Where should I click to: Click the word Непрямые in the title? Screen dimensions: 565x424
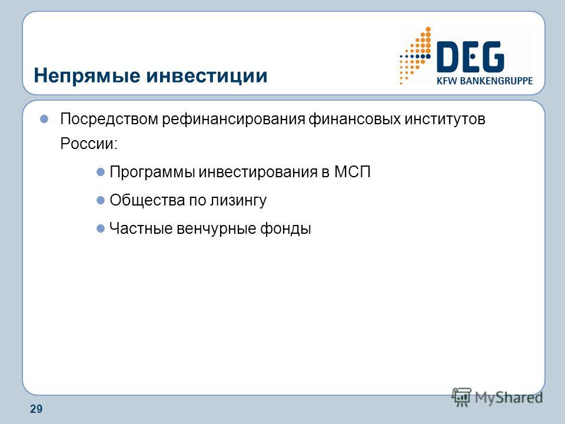click(x=87, y=76)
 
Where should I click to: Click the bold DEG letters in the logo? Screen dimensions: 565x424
click(x=470, y=57)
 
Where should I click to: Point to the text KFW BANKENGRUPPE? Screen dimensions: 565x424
click(x=484, y=81)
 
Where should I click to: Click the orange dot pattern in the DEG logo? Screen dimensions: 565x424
click(x=416, y=55)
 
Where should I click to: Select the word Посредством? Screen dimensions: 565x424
click(x=109, y=119)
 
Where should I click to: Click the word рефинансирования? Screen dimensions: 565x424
click(x=234, y=119)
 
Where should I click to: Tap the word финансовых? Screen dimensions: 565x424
click(x=354, y=119)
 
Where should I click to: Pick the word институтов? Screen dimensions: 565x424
click(x=445, y=119)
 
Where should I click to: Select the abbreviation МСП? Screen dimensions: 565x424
click(x=352, y=172)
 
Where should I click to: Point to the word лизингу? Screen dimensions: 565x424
click(x=238, y=201)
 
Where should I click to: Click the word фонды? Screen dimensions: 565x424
click(x=285, y=228)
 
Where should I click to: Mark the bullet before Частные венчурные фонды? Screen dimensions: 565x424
click(x=101, y=228)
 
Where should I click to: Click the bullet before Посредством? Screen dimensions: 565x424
click(x=44, y=119)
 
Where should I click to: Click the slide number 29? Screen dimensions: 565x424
click(x=36, y=409)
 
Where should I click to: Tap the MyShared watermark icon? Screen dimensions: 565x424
click(x=462, y=397)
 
